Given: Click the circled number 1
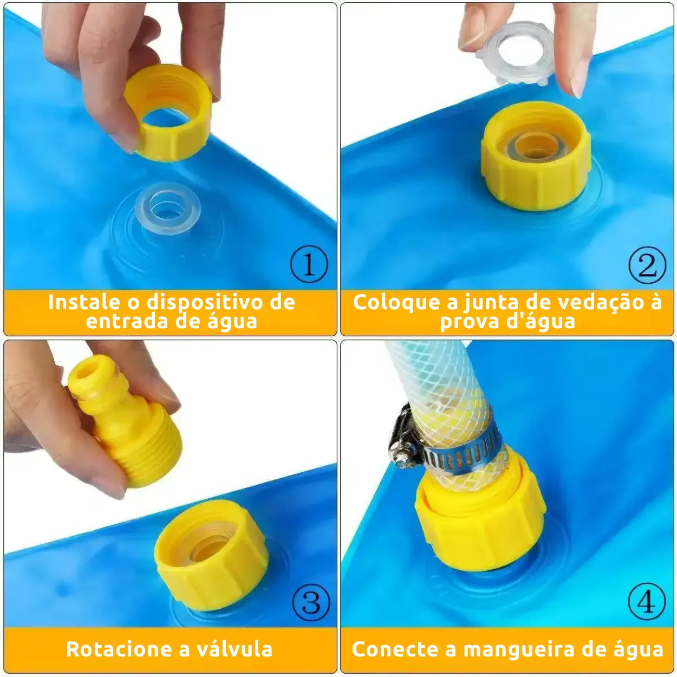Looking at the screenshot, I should tap(309, 264).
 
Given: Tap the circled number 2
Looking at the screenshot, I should tap(647, 265).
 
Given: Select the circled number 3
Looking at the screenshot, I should tap(311, 602).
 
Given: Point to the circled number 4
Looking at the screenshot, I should tap(647, 602).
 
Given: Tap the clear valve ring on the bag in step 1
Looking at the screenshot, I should tap(168, 208).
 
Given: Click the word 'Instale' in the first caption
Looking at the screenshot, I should tap(84, 302).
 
